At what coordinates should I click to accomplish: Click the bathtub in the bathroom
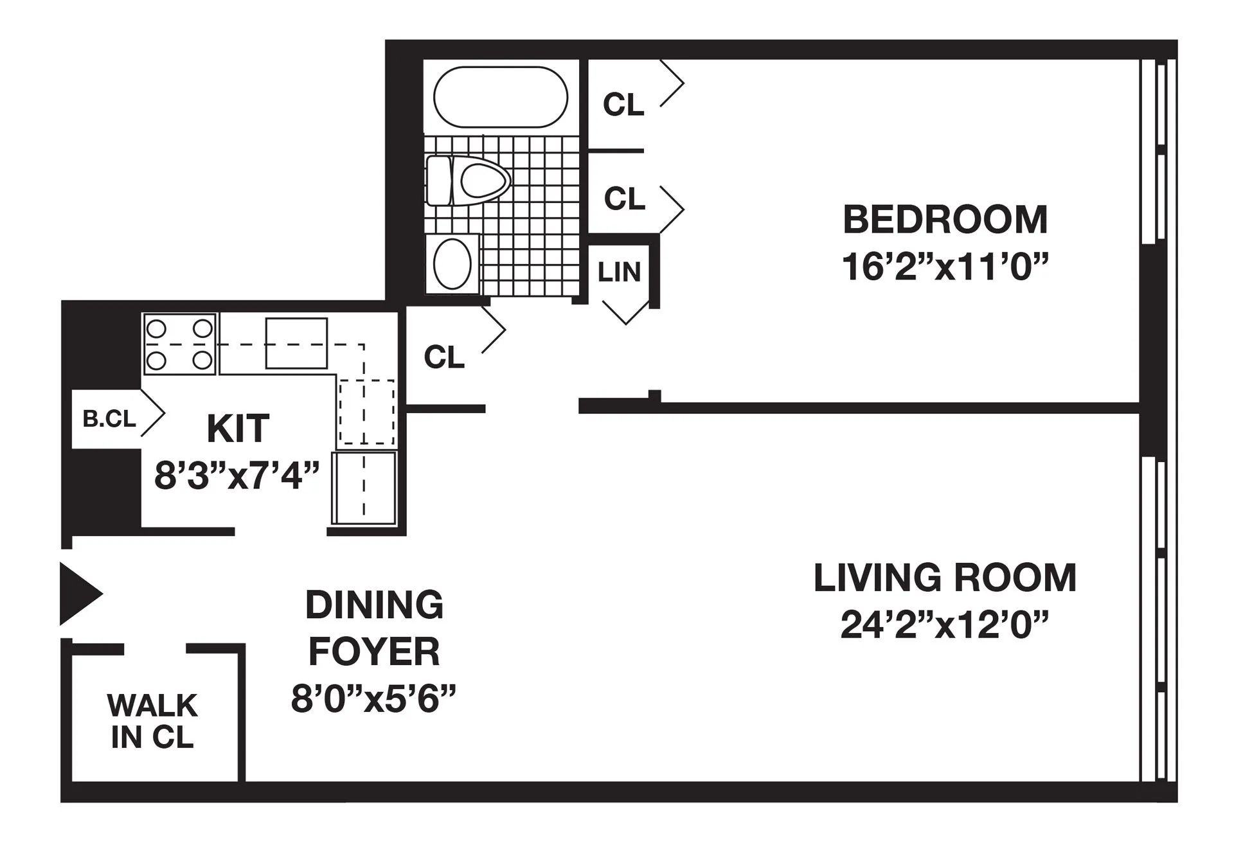(500, 98)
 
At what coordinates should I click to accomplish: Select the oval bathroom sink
(452, 264)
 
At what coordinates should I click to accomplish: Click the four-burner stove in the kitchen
(179, 343)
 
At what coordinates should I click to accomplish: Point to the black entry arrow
(78, 594)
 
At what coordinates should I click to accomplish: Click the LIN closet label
(619, 272)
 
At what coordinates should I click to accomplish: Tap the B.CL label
(109, 419)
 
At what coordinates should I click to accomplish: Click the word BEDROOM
(945, 220)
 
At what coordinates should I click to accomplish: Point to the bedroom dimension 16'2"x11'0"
(945, 267)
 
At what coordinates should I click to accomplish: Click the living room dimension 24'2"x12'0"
(944, 625)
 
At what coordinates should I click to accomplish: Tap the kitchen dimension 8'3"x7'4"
(237, 477)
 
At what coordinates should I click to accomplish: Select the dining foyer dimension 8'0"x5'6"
(373, 699)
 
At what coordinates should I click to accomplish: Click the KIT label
(238, 429)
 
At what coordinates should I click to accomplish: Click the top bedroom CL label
(623, 104)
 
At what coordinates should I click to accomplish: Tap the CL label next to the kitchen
(443, 357)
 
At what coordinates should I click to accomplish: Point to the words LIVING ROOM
(944, 578)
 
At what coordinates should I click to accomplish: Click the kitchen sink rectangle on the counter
(296, 343)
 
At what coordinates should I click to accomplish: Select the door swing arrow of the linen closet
(625, 312)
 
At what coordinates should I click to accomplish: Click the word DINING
(374, 605)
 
